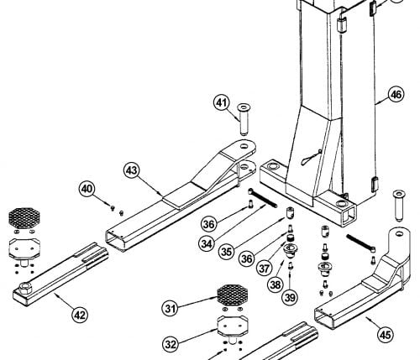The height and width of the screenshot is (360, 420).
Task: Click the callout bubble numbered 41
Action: (222, 103)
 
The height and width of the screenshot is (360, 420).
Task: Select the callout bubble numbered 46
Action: (396, 95)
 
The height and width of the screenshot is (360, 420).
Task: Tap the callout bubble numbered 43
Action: (132, 170)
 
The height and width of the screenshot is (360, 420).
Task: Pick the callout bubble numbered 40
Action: (87, 189)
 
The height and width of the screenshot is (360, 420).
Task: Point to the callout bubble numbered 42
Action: (80, 315)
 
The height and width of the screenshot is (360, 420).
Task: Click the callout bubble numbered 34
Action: (207, 244)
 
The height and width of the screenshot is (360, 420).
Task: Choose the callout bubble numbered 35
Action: (227, 251)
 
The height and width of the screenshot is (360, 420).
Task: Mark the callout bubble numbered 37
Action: (264, 269)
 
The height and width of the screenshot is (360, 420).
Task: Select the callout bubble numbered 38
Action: (276, 284)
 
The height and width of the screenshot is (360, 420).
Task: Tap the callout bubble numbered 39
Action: (290, 297)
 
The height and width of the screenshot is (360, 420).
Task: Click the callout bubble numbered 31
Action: (171, 309)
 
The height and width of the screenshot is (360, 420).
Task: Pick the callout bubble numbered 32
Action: (171, 344)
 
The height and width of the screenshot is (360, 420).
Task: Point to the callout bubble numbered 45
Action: (386, 335)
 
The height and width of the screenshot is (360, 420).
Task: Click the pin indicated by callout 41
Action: (244, 120)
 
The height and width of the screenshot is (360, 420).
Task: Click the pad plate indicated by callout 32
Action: (232, 326)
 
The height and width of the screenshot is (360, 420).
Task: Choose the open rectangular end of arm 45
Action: (324, 318)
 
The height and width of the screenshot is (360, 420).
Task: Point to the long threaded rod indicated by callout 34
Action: (262, 198)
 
